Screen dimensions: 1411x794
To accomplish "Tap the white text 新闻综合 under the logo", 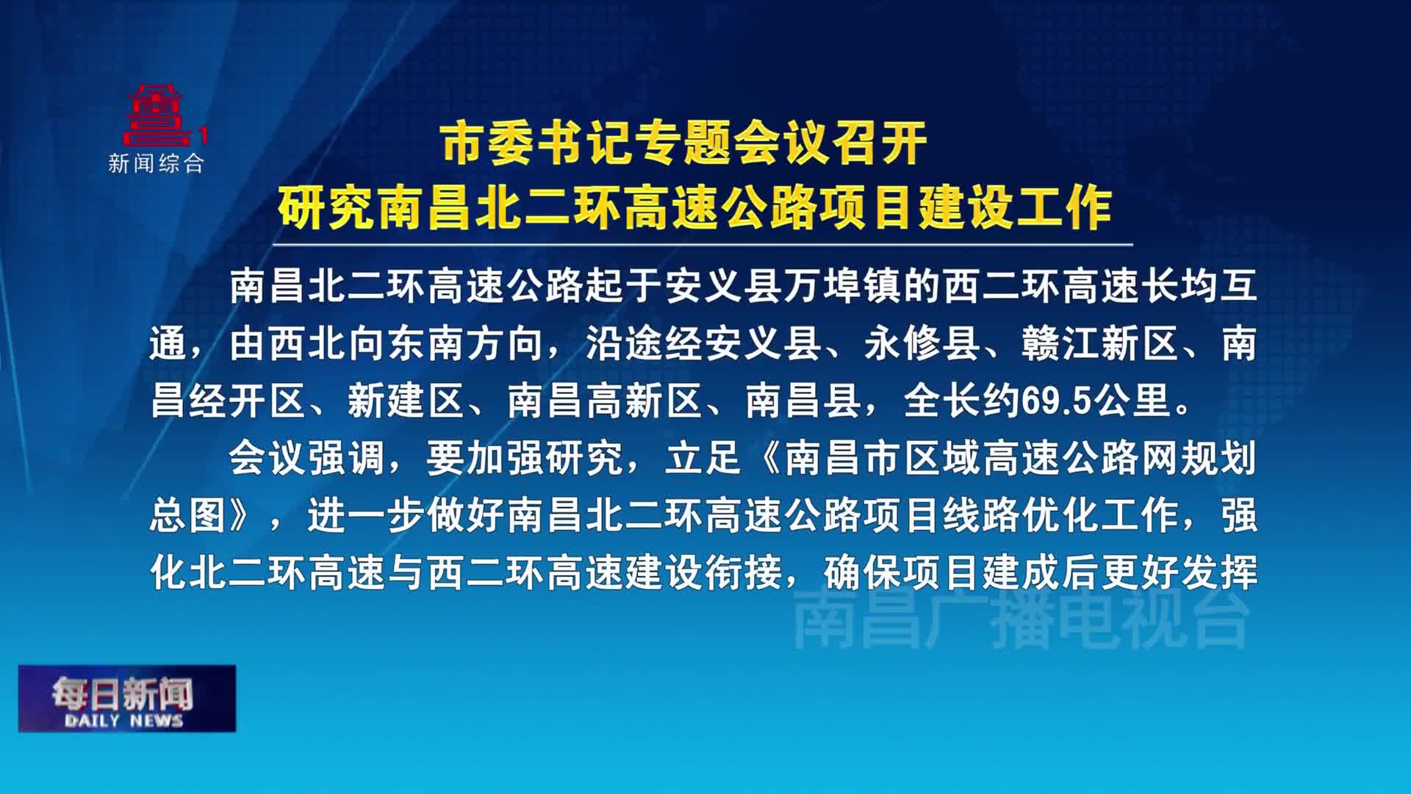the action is (x=157, y=163).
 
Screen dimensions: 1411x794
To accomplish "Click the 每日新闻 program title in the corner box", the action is (x=123, y=693).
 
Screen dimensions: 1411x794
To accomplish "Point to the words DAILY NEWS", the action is (x=123, y=720).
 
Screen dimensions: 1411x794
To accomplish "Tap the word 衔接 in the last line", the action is (x=744, y=573).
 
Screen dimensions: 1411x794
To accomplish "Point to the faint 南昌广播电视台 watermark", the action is (x=1022, y=619).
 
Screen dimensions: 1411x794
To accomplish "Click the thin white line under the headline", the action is (x=703, y=245).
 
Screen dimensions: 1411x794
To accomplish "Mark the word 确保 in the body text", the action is (x=863, y=573).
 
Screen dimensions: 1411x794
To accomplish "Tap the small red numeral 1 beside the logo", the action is (x=204, y=136).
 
